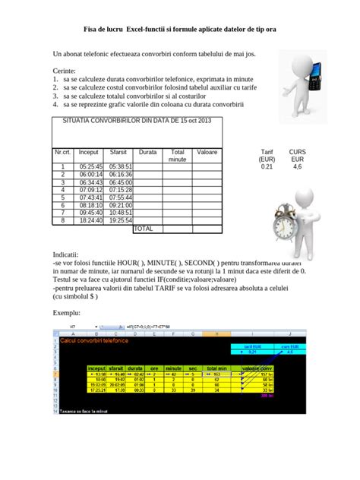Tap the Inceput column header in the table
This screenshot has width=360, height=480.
point(89,152)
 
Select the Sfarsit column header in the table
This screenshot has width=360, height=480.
point(118,152)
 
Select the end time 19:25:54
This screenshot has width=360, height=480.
point(120,220)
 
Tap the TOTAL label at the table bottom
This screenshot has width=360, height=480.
point(143,228)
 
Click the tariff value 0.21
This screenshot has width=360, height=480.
point(266,166)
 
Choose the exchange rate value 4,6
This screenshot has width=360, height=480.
point(297,166)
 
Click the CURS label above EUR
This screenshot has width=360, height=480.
point(297,152)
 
